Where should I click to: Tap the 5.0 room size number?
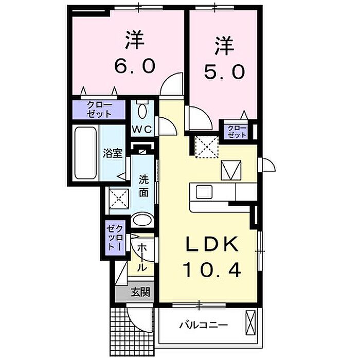(x=224, y=72)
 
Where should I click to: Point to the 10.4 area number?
(x=211, y=268)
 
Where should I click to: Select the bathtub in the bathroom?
(x=85, y=153)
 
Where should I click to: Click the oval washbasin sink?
(x=142, y=221)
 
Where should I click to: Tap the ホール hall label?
(x=143, y=258)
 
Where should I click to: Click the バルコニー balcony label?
(x=204, y=325)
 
